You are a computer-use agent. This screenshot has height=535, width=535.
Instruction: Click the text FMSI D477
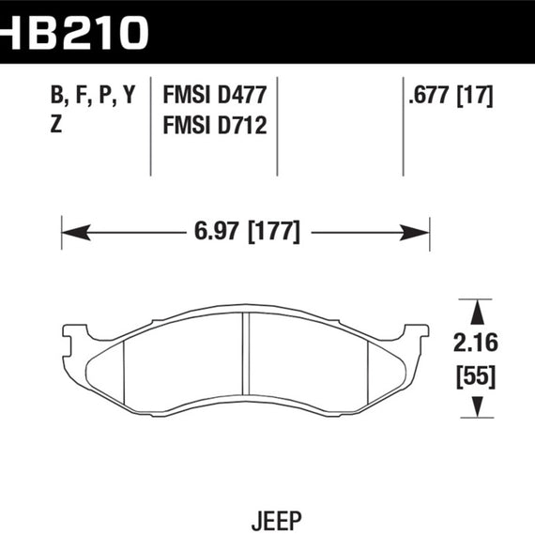[215, 96]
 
